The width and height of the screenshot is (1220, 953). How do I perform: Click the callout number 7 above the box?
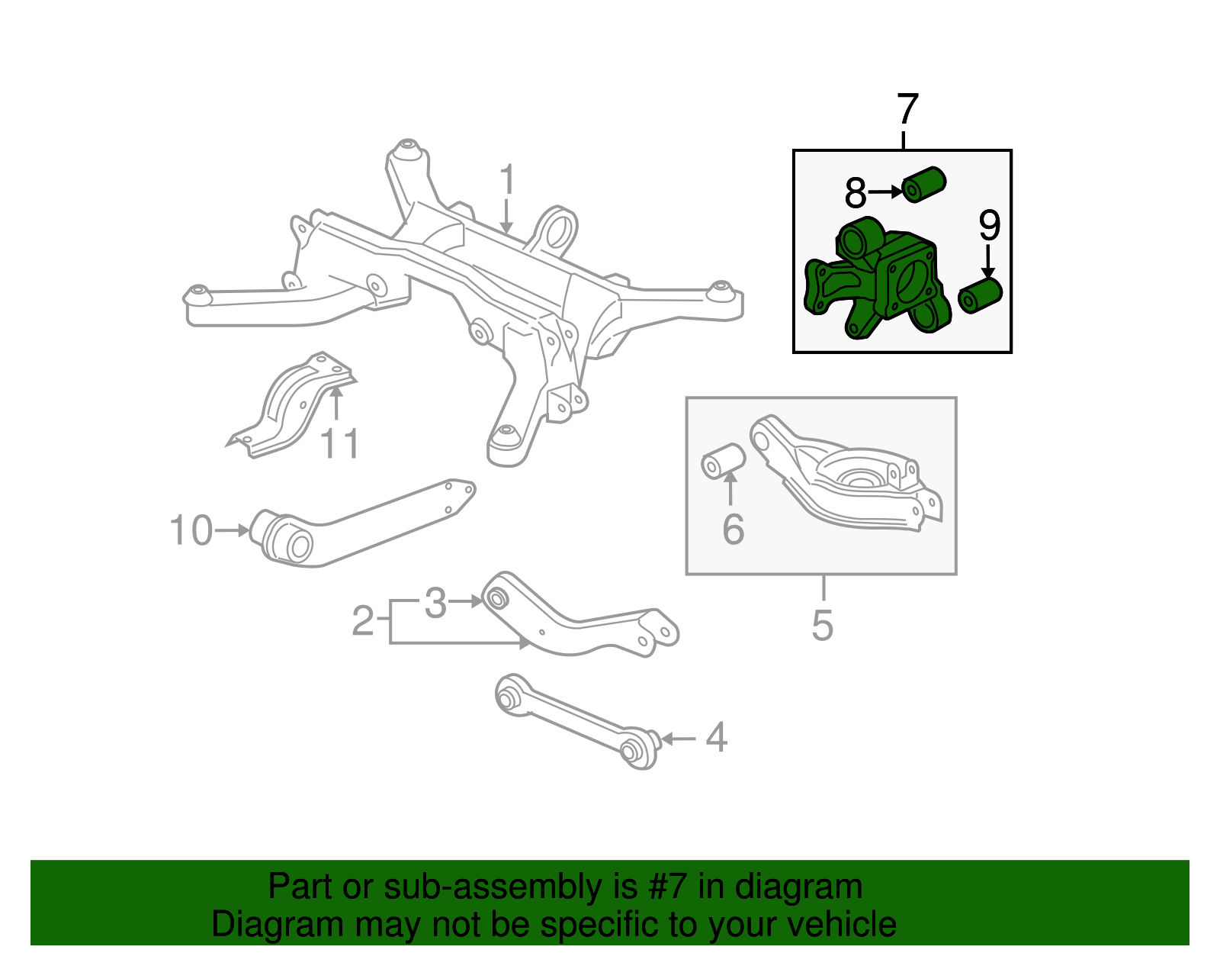(907, 110)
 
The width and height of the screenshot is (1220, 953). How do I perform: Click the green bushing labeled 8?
(924, 184)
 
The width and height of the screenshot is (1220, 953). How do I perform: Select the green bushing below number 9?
(980, 295)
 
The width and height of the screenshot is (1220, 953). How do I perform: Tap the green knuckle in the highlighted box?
(877, 282)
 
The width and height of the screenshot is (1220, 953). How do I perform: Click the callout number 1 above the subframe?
(507, 180)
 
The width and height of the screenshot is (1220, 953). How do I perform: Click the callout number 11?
(339, 444)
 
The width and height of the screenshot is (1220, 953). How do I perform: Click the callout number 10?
(191, 530)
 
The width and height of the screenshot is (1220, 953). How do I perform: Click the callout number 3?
(435, 604)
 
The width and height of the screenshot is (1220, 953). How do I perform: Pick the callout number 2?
(363, 621)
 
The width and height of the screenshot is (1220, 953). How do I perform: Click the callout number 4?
(716, 738)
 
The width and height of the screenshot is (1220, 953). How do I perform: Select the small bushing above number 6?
(723, 460)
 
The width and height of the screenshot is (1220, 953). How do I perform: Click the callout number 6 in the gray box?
(733, 530)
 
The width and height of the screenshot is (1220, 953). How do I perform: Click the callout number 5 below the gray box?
(822, 625)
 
